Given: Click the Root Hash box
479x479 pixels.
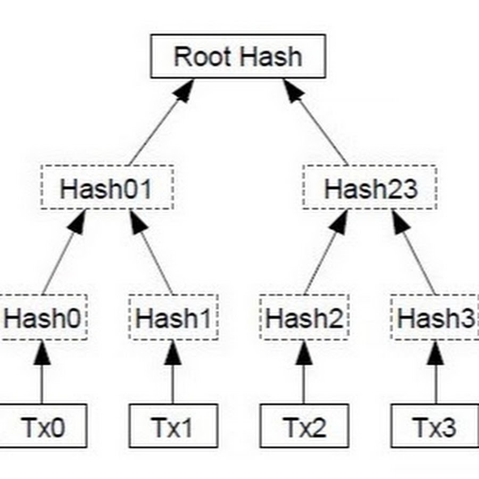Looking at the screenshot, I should pos(238,56).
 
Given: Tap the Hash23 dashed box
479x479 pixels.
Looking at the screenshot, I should pos(370,187).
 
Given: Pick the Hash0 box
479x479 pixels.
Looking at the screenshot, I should pos(43,318).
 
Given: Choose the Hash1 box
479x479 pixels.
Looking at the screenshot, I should pos(173,318).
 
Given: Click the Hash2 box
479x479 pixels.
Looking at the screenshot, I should pos(304,318).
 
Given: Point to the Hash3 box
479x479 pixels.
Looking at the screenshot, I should pos(435,318).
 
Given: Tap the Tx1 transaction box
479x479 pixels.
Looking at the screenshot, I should pos(174,425).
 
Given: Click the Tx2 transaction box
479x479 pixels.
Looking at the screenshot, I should pos(304,425).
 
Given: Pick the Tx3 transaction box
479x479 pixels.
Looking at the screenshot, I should pos(435,425).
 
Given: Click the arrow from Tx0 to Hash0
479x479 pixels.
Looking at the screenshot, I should pos(42,373).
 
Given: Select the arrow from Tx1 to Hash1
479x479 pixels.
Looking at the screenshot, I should pos(172,373).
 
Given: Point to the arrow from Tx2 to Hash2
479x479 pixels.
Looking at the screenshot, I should pos(304,373).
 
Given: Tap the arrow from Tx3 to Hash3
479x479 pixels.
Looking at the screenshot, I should pos(436,373).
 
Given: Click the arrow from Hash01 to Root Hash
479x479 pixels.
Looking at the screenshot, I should pos(160,122).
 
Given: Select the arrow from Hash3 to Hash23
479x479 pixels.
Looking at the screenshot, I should pos(415,253).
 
